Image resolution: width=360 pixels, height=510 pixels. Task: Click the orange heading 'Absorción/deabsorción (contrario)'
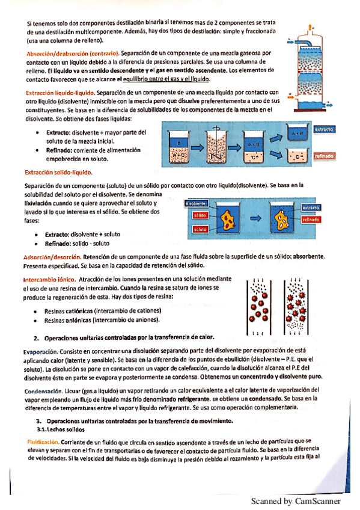(73, 54)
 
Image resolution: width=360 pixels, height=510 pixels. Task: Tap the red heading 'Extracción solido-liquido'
(58, 173)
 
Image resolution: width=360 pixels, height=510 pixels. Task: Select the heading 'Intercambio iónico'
(49, 280)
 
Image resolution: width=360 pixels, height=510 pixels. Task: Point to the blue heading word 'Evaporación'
(40, 352)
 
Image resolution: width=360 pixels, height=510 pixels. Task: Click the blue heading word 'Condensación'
(43, 391)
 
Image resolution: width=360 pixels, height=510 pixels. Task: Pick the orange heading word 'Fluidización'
(43, 442)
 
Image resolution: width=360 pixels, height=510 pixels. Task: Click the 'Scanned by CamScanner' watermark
(296, 501)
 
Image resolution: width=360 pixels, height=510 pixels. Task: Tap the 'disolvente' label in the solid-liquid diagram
(195, 204)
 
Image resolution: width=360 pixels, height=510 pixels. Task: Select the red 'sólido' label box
(200, 215)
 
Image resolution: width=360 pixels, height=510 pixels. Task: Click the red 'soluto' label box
(200, 229)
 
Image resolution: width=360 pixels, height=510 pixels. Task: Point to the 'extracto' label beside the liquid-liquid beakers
(324, 129)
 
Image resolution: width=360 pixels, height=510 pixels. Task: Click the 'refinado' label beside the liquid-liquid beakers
(324, 156)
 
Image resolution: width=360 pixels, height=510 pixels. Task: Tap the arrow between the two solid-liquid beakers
(255, 218)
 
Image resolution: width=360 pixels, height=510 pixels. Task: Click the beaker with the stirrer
(216, 147)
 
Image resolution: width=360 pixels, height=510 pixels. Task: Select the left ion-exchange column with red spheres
(259, 306)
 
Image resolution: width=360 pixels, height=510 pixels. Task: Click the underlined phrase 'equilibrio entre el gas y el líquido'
(166, 79)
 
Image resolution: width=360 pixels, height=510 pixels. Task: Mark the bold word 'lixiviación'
(38, 203)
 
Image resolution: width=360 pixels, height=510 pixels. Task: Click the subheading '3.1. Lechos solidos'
(61, 429)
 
